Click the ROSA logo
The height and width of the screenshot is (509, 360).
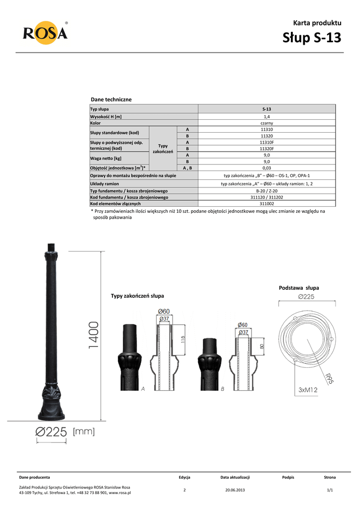click(45, 33)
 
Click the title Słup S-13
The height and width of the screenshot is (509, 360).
click(312, 37)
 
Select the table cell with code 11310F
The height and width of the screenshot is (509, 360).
click(267, 142)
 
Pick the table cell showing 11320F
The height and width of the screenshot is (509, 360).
click(267, 149)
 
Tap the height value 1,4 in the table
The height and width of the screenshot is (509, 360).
click(267, 116)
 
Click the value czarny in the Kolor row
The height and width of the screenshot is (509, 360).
click(267, 123)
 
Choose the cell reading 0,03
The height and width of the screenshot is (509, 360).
click(267, 168)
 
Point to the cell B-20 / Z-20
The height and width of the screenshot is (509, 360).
click(267, 191)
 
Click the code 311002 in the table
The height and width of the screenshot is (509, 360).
click(267, 203)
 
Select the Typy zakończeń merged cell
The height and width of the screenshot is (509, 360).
click(163, 149)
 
